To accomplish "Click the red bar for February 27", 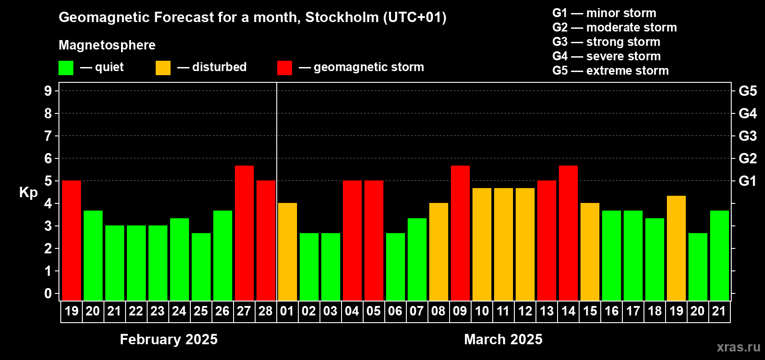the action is (x=244, y=233).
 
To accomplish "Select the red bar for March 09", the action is (x=460, y=233).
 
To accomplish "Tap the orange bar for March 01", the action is (x=288, y=252).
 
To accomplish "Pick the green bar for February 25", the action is (x=201, y=267).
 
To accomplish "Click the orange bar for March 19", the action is (x=676, y=248).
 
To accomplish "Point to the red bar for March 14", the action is (x=568, y=233).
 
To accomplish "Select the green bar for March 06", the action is (x=396, y=267).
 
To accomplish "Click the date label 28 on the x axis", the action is (x=265, y=311).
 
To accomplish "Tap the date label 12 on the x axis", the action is (x=525, y=311).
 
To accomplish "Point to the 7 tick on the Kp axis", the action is (x=48, y=136).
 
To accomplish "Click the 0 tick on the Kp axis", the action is (x=48, y=293).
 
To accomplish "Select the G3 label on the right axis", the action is (x=747, y=136).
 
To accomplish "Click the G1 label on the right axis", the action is (x=747, y=181).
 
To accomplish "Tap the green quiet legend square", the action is (x=66, y=67).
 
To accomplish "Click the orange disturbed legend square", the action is (x=163, y=67).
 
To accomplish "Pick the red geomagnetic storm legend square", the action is (x=285, y=67).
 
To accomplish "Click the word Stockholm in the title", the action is (x=342, y=17).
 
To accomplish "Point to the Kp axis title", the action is (x=28, y=192).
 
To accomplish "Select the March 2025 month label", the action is (x=503, y=339).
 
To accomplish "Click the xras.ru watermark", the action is (x=738, y=347).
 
